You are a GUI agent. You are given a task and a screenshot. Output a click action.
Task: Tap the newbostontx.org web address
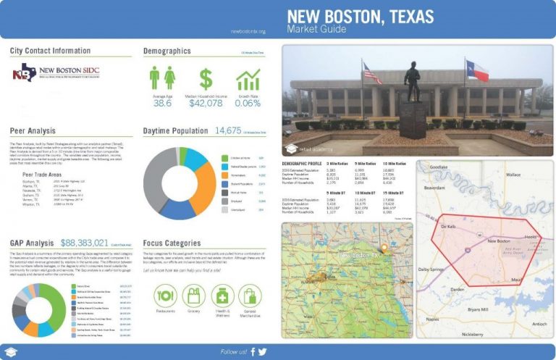(248, 32)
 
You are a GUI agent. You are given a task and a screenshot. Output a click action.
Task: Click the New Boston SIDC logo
(56, 74)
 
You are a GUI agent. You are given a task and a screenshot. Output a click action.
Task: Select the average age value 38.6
(162, 104)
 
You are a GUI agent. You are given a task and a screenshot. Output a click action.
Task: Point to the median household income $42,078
(206, 104)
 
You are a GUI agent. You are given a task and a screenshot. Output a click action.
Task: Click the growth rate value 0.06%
(248, 104)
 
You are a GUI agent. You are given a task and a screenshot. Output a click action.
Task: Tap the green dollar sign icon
(206, 78)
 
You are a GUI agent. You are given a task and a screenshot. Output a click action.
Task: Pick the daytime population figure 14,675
(228, 131)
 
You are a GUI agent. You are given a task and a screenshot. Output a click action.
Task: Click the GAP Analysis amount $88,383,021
(85, 243)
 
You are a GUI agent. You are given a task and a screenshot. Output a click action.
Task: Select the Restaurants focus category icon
(167, 295)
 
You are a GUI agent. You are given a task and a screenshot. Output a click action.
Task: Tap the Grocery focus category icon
(193, 295)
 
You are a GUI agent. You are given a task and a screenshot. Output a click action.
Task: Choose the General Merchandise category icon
(250, 295)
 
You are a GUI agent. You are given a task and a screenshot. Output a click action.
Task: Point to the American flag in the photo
(371, 73)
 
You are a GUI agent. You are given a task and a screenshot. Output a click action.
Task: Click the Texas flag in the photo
(479, 71)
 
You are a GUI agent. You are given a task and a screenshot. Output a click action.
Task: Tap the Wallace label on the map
(513, 175)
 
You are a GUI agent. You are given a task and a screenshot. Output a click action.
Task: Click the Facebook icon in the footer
(253, 351)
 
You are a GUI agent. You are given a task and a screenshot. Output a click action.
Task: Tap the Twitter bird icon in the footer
(262, 351)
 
